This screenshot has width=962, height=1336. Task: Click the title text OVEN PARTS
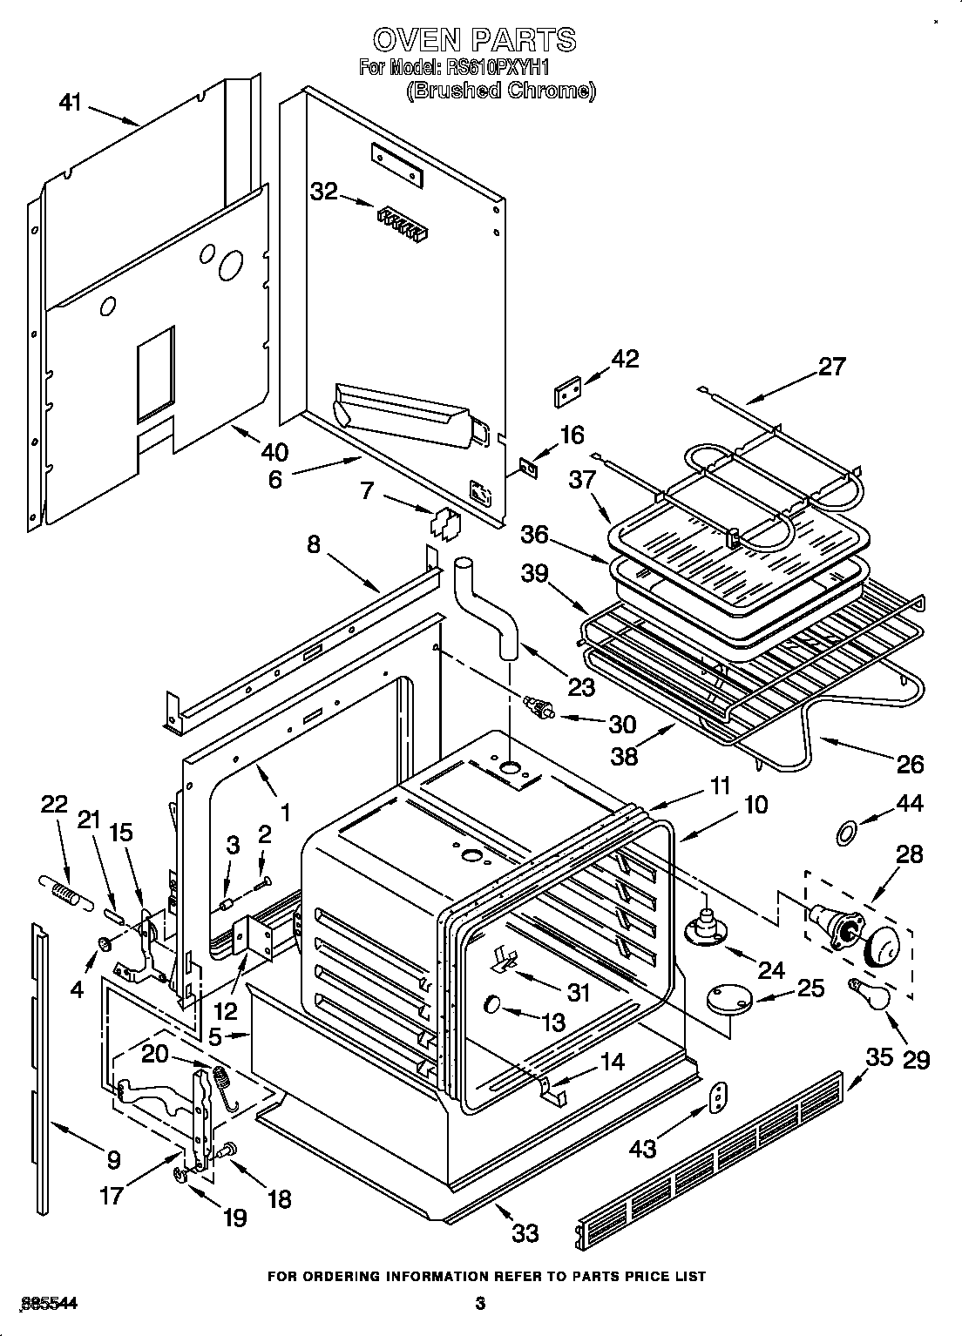coord(475,39)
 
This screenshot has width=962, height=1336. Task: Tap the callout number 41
coord(70,103)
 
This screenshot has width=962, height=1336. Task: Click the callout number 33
coord(525,1232)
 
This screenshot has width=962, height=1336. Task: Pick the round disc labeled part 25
coord(729,998)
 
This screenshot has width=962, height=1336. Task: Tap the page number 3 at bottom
coord(480,1304)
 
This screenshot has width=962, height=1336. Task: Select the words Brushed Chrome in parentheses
coord(500,91)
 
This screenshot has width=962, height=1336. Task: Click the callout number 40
coord(274,452)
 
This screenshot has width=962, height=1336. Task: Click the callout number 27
coord(831,367)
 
